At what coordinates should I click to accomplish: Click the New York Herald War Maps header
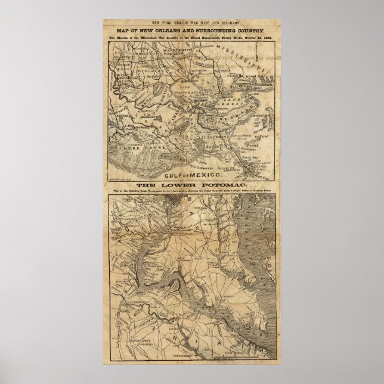[x=192, y=21]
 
